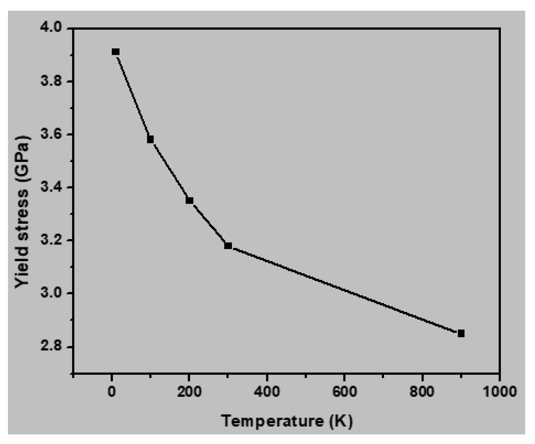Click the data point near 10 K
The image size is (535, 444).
click(x=116, y=52)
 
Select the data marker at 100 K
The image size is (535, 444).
click(x=150, y=139)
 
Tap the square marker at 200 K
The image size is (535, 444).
click(x=189, y=201)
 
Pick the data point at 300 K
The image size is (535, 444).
click(x=228, y=246)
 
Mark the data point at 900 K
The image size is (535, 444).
click(x=461, y=333)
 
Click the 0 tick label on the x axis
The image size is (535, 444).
click(x=112, y=392)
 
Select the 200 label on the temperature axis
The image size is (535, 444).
click(x=189, y=392)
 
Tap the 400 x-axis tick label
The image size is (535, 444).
click(x=267, y=392)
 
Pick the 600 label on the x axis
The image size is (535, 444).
click(x=344, y=392)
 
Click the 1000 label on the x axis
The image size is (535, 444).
click(x=500, y=392)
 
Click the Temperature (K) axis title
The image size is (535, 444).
click(x=287, y=421)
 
